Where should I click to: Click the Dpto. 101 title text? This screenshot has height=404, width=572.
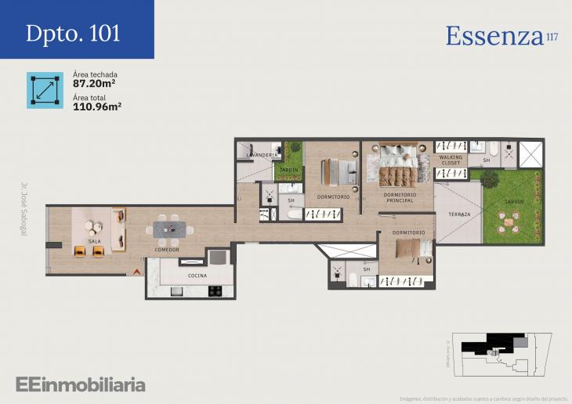[x=73, y=34]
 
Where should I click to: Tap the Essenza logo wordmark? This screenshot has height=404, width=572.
[x=494, y=36]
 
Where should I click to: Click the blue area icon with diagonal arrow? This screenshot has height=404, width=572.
[x=45, y=90]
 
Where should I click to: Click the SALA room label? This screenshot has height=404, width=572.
[x=95, y=242]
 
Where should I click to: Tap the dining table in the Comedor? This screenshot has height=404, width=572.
[x=170, y=229]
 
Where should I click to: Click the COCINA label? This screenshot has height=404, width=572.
[x=197, y=276]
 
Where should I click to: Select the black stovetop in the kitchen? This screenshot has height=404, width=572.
[x=214, y=290]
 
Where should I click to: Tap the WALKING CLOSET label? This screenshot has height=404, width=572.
[x=451, y=160]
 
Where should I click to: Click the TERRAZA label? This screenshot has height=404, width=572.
[x=459, y=214]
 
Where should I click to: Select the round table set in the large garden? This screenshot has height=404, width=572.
[x=510, y=224]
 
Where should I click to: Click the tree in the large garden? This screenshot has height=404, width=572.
[x=489, y=179]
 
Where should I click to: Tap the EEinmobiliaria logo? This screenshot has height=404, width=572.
[x=80, y=384]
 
